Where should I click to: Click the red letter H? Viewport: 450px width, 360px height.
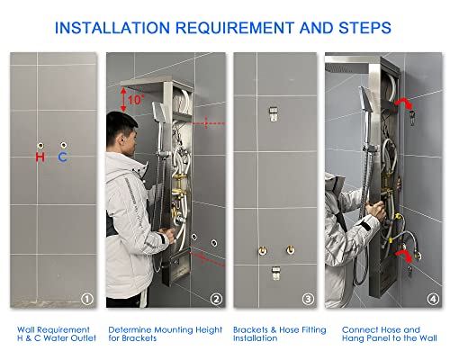[x=40, y=157]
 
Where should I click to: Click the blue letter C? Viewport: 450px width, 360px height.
[x=62, y=157]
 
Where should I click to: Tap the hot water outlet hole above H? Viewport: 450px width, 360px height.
[x=40, y=146]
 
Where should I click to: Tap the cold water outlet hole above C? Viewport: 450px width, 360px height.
[x=63, y=145]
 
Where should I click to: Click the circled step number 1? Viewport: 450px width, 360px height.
[x=87, y=299]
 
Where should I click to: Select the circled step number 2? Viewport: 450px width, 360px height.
[x=216, y=299]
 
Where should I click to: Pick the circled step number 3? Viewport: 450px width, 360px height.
[x=308, y=299]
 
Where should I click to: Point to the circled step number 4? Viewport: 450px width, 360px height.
[x=433, y=299]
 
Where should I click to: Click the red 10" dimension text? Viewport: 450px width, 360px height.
[x=136, y=100]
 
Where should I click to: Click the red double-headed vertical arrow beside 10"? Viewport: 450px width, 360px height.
[x=123, y=100]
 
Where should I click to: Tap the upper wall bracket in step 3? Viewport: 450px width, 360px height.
[x=273, y=114]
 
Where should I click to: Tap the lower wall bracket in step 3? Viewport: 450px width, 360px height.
[x=275, y=273]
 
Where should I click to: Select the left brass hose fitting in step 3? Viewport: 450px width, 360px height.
[x=263, y=250]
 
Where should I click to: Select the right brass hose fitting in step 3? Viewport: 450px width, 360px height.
[x=290, y=249]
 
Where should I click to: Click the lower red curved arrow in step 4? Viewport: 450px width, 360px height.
[x=404, y=255]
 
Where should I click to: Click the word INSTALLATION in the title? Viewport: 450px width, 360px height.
[x=112, y=28]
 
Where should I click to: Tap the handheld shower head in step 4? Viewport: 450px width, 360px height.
[x=366, y=99]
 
